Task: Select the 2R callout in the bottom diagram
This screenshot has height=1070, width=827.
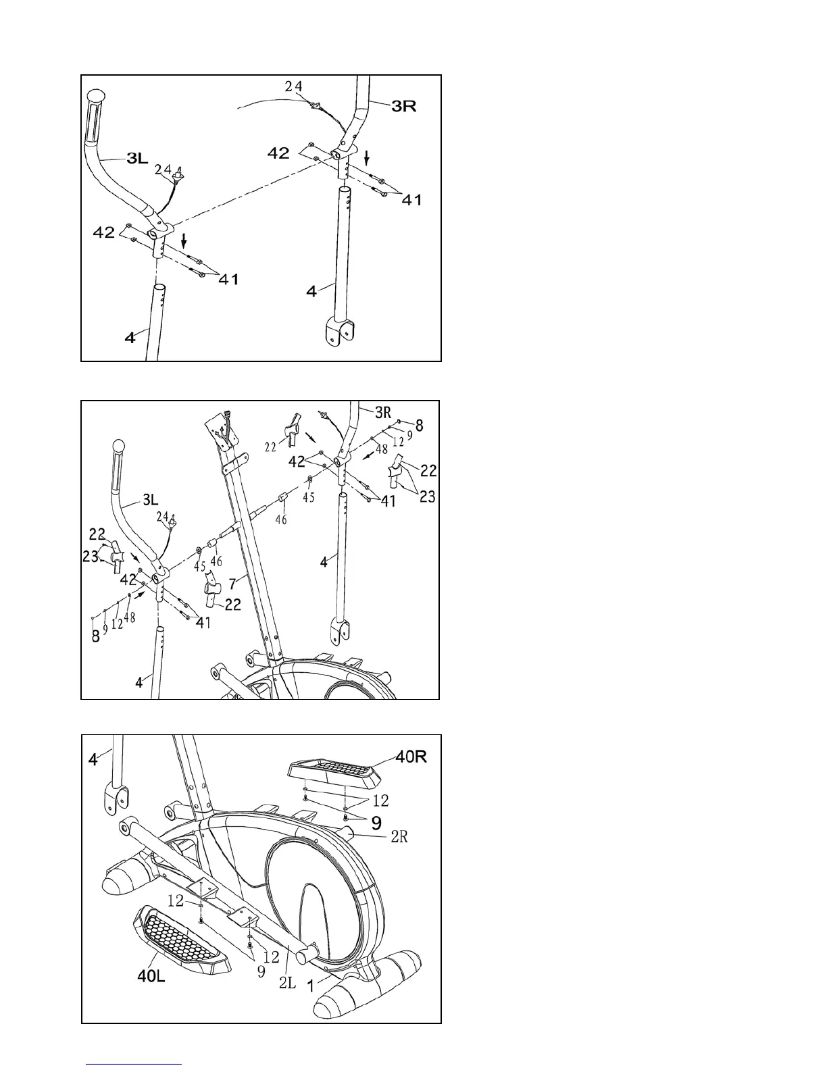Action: pos(399,837)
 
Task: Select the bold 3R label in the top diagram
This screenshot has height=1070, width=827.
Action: pos(403,106)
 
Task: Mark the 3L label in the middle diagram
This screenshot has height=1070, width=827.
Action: pos(149,500)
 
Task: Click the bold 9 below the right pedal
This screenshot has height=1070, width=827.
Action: pos(376,822)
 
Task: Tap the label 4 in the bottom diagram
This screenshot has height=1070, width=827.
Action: pos(93,760)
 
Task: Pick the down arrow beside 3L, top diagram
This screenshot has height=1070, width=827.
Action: pos(184,239)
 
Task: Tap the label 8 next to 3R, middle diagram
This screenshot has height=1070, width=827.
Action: pos(420,426)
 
